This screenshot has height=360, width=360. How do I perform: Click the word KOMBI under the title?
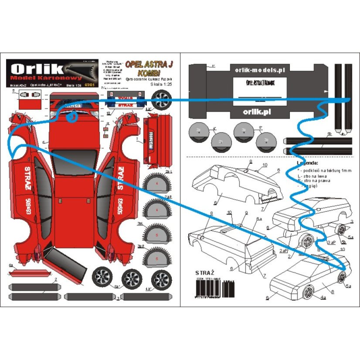click(x=144, y=72)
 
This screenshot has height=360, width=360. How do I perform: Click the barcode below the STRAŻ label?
click(x=213, y=288)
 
